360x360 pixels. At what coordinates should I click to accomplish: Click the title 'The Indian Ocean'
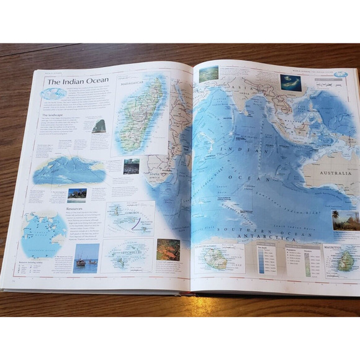coord(78,80)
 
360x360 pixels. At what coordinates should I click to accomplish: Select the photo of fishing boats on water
coord(86,258)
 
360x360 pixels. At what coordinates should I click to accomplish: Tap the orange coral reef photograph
coord(168,250)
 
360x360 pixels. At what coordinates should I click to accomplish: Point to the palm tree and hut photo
coord(345,220)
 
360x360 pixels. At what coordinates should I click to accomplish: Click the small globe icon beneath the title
coord(53,94)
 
